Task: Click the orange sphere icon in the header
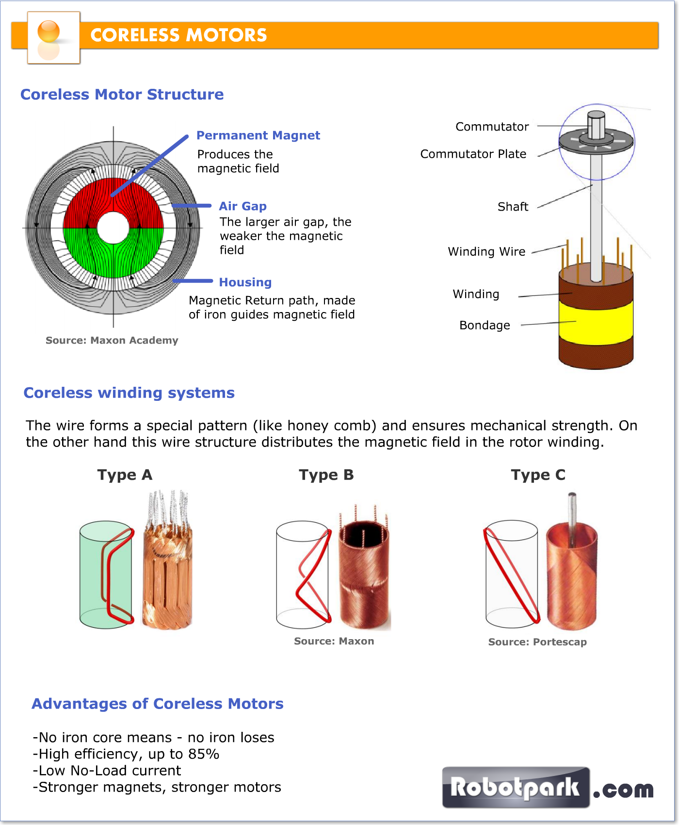pos(48,32)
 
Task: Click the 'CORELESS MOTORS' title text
pos(178,35)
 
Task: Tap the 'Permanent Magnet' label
pos(258,135)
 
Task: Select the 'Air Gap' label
pos(242,206)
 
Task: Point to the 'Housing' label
pos(245,282)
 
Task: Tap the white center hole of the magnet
pos(113,228)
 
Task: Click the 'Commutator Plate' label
pos(473,154)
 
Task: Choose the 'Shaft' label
pos(513,207)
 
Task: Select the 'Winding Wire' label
pos(486,251)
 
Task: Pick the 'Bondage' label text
pos(485,325)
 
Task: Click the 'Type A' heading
pos(125,475)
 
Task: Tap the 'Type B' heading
pos(326,475)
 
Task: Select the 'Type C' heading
pos(538,475)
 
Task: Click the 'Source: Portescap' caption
pos(537,642)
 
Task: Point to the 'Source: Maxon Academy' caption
pos(112,340)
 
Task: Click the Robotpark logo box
pos(516,787)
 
